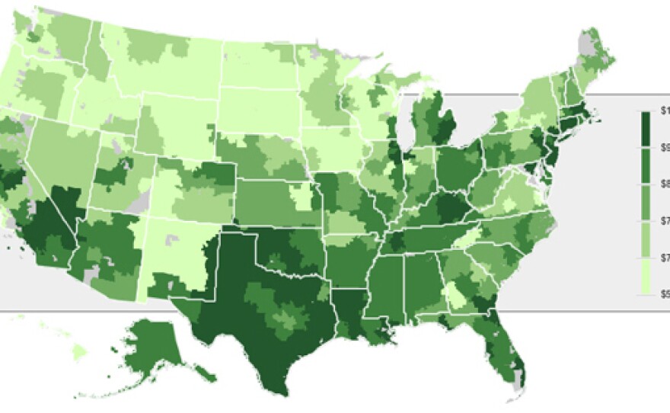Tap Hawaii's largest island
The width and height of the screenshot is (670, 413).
click(x=79, y=352)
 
